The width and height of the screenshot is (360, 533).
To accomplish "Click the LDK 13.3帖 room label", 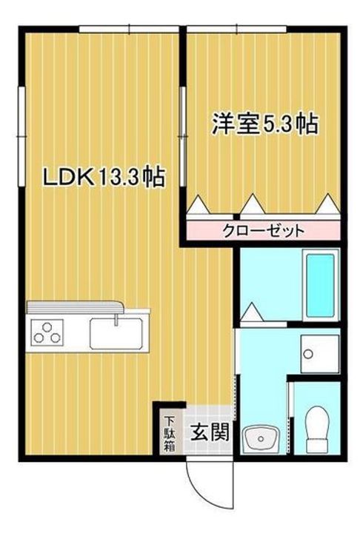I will [103, 177].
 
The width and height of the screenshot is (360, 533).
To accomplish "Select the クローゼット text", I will [264, 230].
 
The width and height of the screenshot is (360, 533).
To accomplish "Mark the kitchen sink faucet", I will [117, 320].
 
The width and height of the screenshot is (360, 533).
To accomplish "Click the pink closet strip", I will [264, 230].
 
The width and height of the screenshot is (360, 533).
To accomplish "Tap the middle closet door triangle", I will [253, 203].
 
